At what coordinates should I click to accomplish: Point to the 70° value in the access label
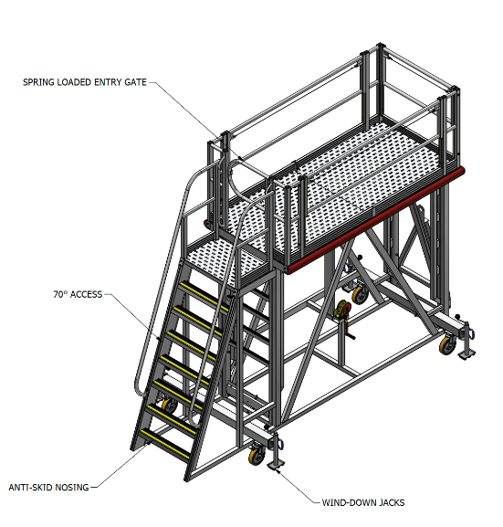click(60, 294)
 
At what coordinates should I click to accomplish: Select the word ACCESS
click(87, 294)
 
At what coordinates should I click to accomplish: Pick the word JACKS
click(393, 503)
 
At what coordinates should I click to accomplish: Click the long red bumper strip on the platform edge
click(376, 220)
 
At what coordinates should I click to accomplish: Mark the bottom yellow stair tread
click(165, 445)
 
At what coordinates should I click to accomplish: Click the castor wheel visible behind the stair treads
click(170, 406)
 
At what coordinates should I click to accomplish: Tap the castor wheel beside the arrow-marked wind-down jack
click(257, 456)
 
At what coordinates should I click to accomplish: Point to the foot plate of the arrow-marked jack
click(277, 466)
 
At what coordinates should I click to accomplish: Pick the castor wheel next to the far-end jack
click(448, 345)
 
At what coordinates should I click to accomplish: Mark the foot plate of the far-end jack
click(466, 354)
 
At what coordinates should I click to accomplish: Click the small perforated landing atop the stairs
click(225, 259)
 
